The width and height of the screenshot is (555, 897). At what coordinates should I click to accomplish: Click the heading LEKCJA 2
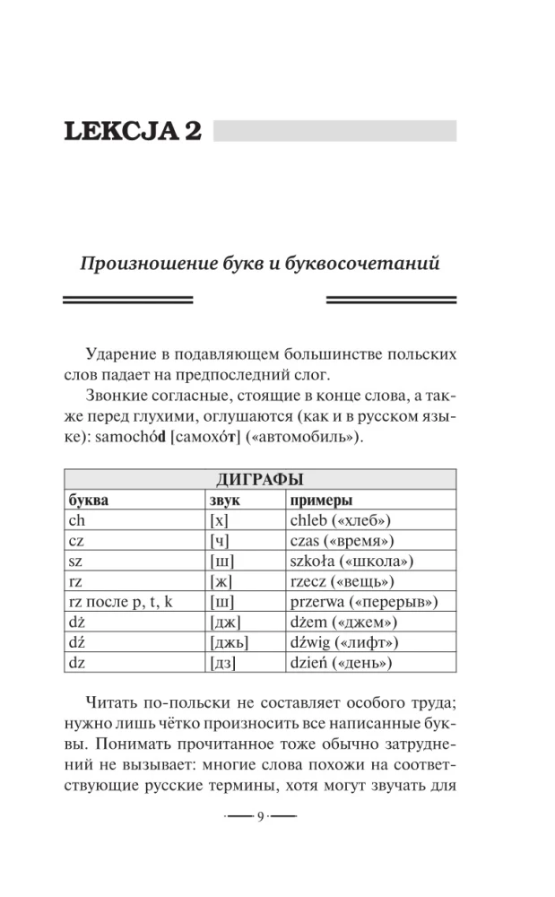click(x=132, y=131)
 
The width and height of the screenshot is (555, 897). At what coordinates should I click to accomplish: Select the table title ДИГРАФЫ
click(x=260, y=480)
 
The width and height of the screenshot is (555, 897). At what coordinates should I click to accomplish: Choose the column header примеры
click(x=321, y=500)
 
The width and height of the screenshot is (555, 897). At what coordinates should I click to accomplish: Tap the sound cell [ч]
click(x=220, y=541)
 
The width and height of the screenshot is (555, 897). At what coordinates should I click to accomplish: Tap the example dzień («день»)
click(x=341, y=664)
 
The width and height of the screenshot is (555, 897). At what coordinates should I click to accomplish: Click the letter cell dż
click(x=77, y=623)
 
